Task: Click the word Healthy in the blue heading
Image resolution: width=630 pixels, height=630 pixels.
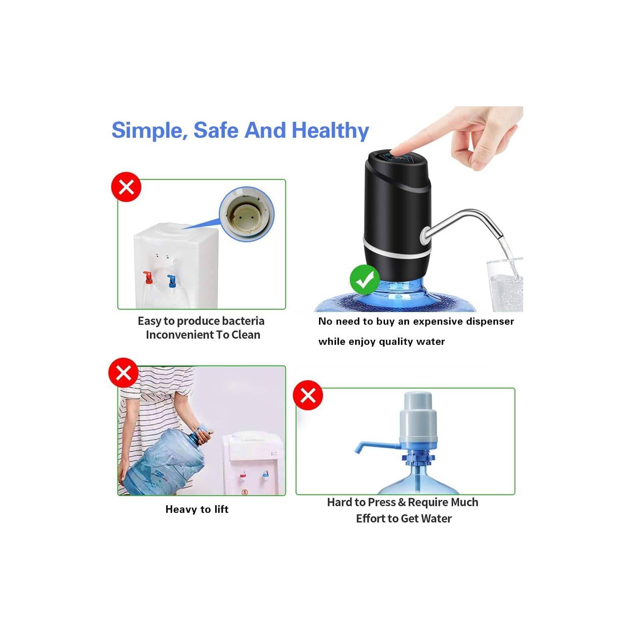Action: tap(330, 130)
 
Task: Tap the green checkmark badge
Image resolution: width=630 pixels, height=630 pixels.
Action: tap(364, 280)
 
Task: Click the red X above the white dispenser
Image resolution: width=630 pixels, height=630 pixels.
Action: tap(126, 187)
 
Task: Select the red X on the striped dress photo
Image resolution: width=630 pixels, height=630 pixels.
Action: tap(123, 373)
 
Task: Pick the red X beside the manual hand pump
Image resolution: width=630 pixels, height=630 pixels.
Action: tap(308, 395)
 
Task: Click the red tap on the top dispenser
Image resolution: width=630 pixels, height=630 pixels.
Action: tap(148, 277)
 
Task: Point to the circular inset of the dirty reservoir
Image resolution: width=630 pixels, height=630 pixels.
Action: tap(246, 214)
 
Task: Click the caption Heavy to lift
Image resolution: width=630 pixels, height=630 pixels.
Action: tap(197, 509)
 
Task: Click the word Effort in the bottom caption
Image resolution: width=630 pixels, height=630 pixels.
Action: tap(372, 519)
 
